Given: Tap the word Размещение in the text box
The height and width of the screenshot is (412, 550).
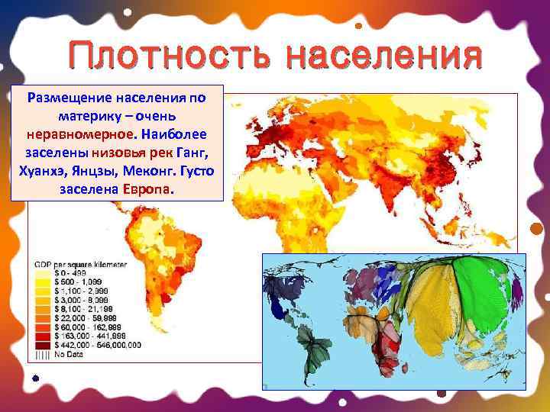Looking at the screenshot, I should (70, 98).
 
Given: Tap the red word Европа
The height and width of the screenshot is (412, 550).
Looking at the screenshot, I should (145, 188).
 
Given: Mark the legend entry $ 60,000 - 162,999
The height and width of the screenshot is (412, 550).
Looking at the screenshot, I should (76, 327).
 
